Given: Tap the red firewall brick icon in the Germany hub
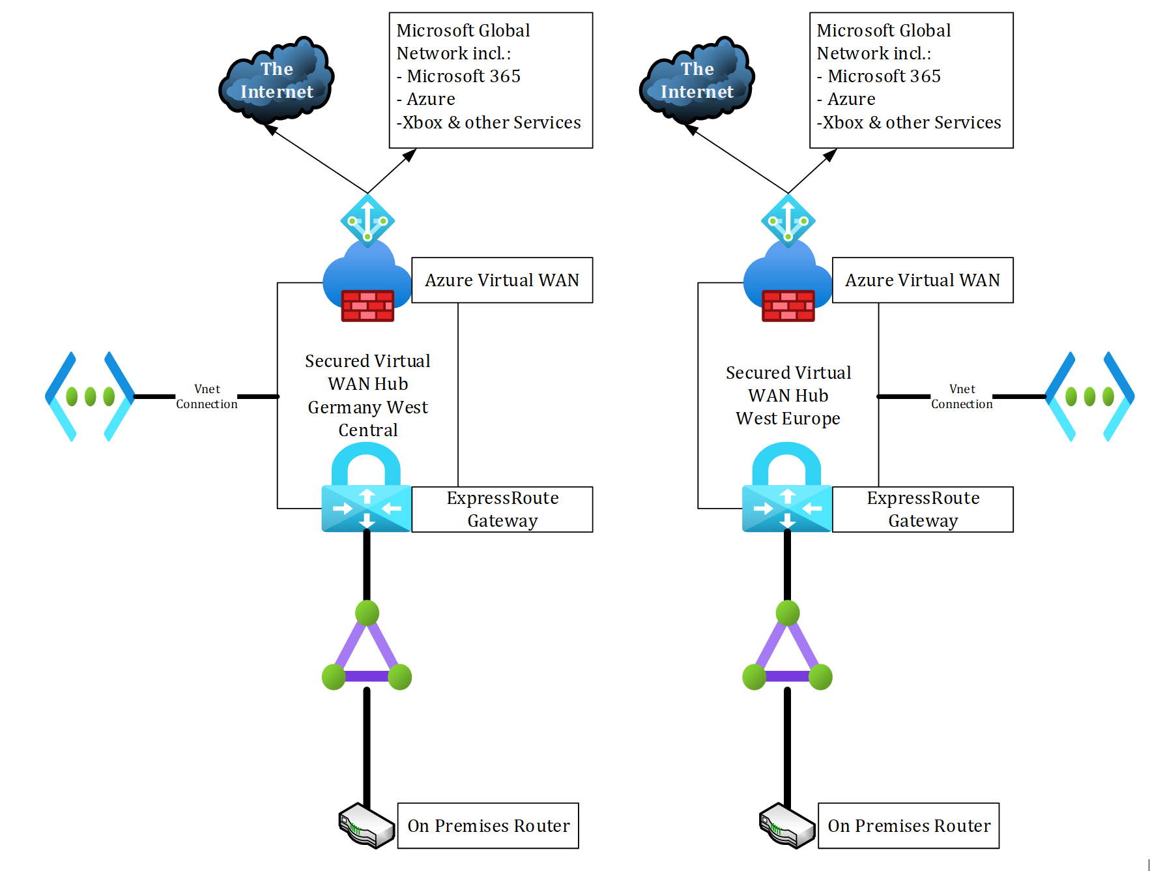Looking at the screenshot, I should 367,306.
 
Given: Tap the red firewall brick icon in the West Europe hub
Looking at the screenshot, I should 788,306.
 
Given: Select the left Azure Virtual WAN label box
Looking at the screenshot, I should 502,280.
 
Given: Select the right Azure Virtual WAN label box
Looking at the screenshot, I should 922,280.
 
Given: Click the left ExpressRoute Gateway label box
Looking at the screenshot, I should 502,509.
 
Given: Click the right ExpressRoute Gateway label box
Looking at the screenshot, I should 923,509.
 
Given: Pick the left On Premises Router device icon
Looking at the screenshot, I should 366,826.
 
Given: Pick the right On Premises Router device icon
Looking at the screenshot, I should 786,826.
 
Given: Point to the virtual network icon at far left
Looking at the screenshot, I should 90,396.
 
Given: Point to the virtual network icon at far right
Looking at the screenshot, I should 1089,396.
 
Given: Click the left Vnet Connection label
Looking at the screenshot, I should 207,396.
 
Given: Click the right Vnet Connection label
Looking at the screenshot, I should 962,396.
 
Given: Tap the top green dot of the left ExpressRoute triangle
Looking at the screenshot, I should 367,613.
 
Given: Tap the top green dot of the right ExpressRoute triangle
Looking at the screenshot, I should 788,613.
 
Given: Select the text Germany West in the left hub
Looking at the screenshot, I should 367,407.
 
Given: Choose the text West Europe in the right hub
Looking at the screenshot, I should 788,419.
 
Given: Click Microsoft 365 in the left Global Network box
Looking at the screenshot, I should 463,76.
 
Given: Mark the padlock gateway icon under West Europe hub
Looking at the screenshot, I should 787,489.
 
